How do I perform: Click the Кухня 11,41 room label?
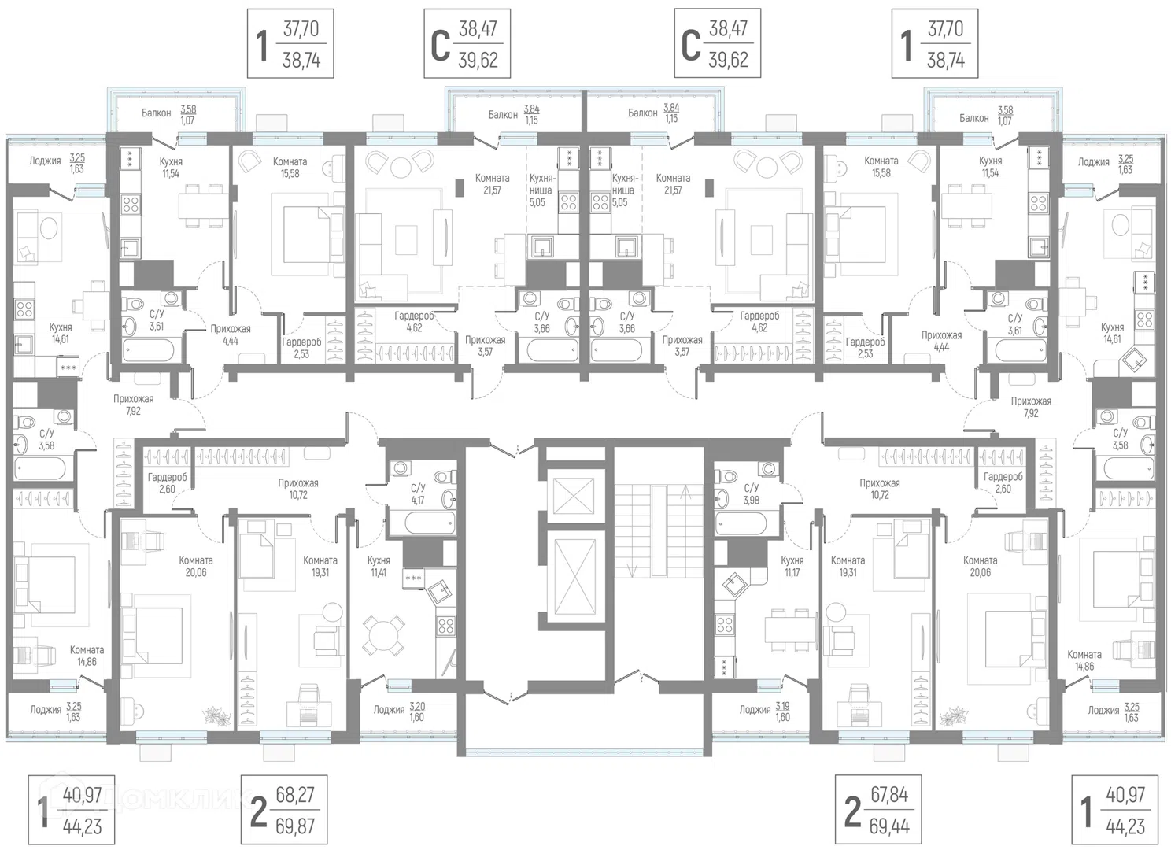point(379,566)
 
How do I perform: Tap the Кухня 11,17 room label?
point(792,566)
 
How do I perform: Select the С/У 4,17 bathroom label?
point(418,494)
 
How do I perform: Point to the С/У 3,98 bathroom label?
point(752,494)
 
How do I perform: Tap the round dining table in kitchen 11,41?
point(384,635)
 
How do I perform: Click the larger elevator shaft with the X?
point(574,577)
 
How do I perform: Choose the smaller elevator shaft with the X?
point(574,495)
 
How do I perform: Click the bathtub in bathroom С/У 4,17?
point(430,523)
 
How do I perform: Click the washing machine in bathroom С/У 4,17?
point(401,468)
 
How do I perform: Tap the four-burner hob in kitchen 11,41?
point(446,625)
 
